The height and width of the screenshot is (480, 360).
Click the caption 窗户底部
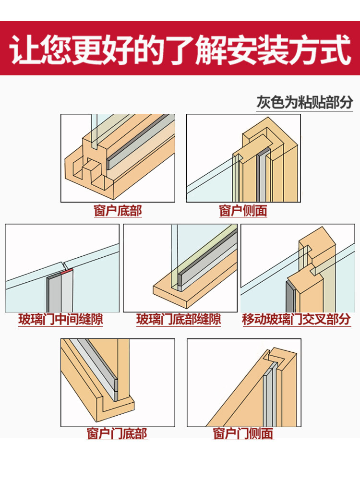118,211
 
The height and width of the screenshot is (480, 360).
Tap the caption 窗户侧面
243,211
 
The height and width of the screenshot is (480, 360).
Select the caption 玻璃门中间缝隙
61,319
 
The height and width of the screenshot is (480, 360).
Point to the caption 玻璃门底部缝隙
179,319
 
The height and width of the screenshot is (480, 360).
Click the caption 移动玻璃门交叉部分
296,319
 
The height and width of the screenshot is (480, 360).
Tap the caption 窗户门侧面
243,433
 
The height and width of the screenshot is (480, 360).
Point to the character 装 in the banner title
274,49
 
